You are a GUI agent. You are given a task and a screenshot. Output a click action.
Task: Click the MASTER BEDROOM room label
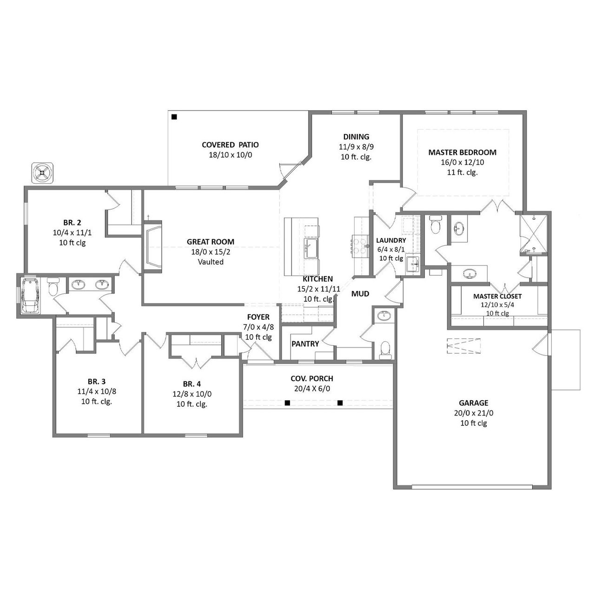pyautogui.click(x=462, y=152)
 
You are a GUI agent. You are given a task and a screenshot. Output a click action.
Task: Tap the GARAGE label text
pyautogui.click(x=474, y=403)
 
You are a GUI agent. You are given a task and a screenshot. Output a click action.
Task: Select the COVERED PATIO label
pyautogui.click(x=230, y=145)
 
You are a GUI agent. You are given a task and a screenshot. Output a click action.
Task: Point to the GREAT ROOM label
pyautogui.click(x=211, y=242)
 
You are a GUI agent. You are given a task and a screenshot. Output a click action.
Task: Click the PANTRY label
pyautogui.click(x=305, y=344)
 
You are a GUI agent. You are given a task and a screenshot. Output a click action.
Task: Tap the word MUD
pyautogui.click(x=360, y=294)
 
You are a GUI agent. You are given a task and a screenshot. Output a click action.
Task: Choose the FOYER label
pyautogui.click(x=258, y=317)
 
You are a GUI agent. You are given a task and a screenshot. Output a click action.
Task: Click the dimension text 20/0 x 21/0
pyautogui.click(x=474, y=413)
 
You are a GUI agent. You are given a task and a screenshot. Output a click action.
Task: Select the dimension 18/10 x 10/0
pyautogui.click(x=230, y=155)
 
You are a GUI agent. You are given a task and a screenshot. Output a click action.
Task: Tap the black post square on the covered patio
pyautogui.click(x=174, y=117)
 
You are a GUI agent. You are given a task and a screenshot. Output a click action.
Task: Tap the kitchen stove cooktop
pyautogui.click(x=359, y=245)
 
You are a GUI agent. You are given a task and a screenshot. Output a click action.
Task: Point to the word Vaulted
pyautogui.click(x=211, y=262)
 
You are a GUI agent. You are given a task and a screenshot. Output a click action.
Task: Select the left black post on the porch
pyautogui.click(x=288, y=403)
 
